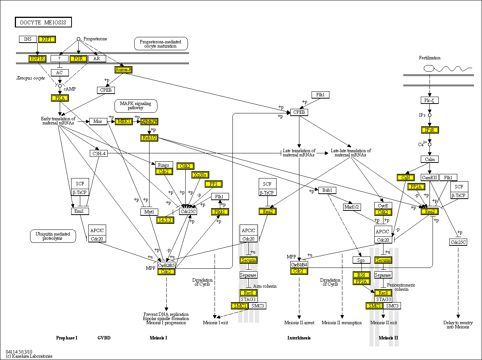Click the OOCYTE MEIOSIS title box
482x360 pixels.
[43, 22]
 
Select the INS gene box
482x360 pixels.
[28, 39]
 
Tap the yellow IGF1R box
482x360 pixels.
[37, 59]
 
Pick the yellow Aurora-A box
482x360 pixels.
[123, 70]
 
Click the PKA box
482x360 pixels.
[60, 98]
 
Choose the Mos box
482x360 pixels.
[98, 121]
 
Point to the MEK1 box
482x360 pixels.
[124, 121]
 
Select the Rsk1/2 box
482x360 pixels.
[149, 138]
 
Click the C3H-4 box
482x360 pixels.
[98, 153]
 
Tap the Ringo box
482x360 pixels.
[164, 165]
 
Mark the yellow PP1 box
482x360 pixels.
[213, 184]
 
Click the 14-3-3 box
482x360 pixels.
[165, 220]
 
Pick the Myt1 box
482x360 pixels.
[149, 212]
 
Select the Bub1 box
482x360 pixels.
[327, 190]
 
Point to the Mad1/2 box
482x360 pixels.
[352, 207]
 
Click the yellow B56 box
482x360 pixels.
[361, 275]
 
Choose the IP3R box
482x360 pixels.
[430, 130]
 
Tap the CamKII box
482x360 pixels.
[430, 177]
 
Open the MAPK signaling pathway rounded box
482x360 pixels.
[136, 106]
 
